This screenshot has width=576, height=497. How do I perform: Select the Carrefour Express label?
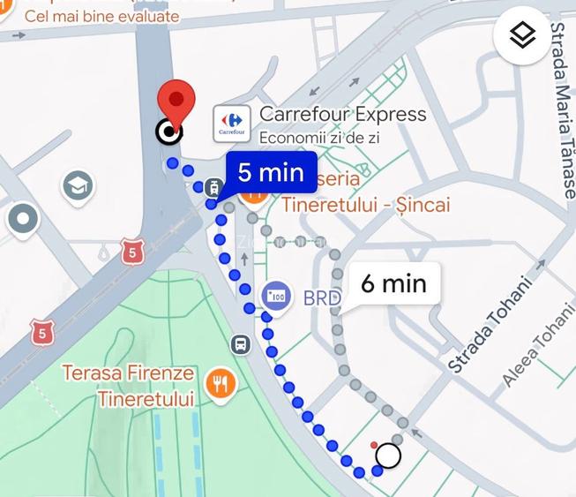[x=342, y=115]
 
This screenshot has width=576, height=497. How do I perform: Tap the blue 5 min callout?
[x=270, y=172]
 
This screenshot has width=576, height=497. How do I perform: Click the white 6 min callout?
[x=393, y=283]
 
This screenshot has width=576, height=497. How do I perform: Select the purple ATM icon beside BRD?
[x=276, y=295]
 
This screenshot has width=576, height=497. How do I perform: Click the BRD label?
[x=322, y=298]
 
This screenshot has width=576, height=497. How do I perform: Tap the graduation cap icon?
[x=78, y=185]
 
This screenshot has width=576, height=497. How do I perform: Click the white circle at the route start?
[x=388, y=456]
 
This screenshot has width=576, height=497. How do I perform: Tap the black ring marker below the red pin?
[x=168, y=132]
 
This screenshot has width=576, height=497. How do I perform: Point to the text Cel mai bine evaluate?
[x=101, y=16]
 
